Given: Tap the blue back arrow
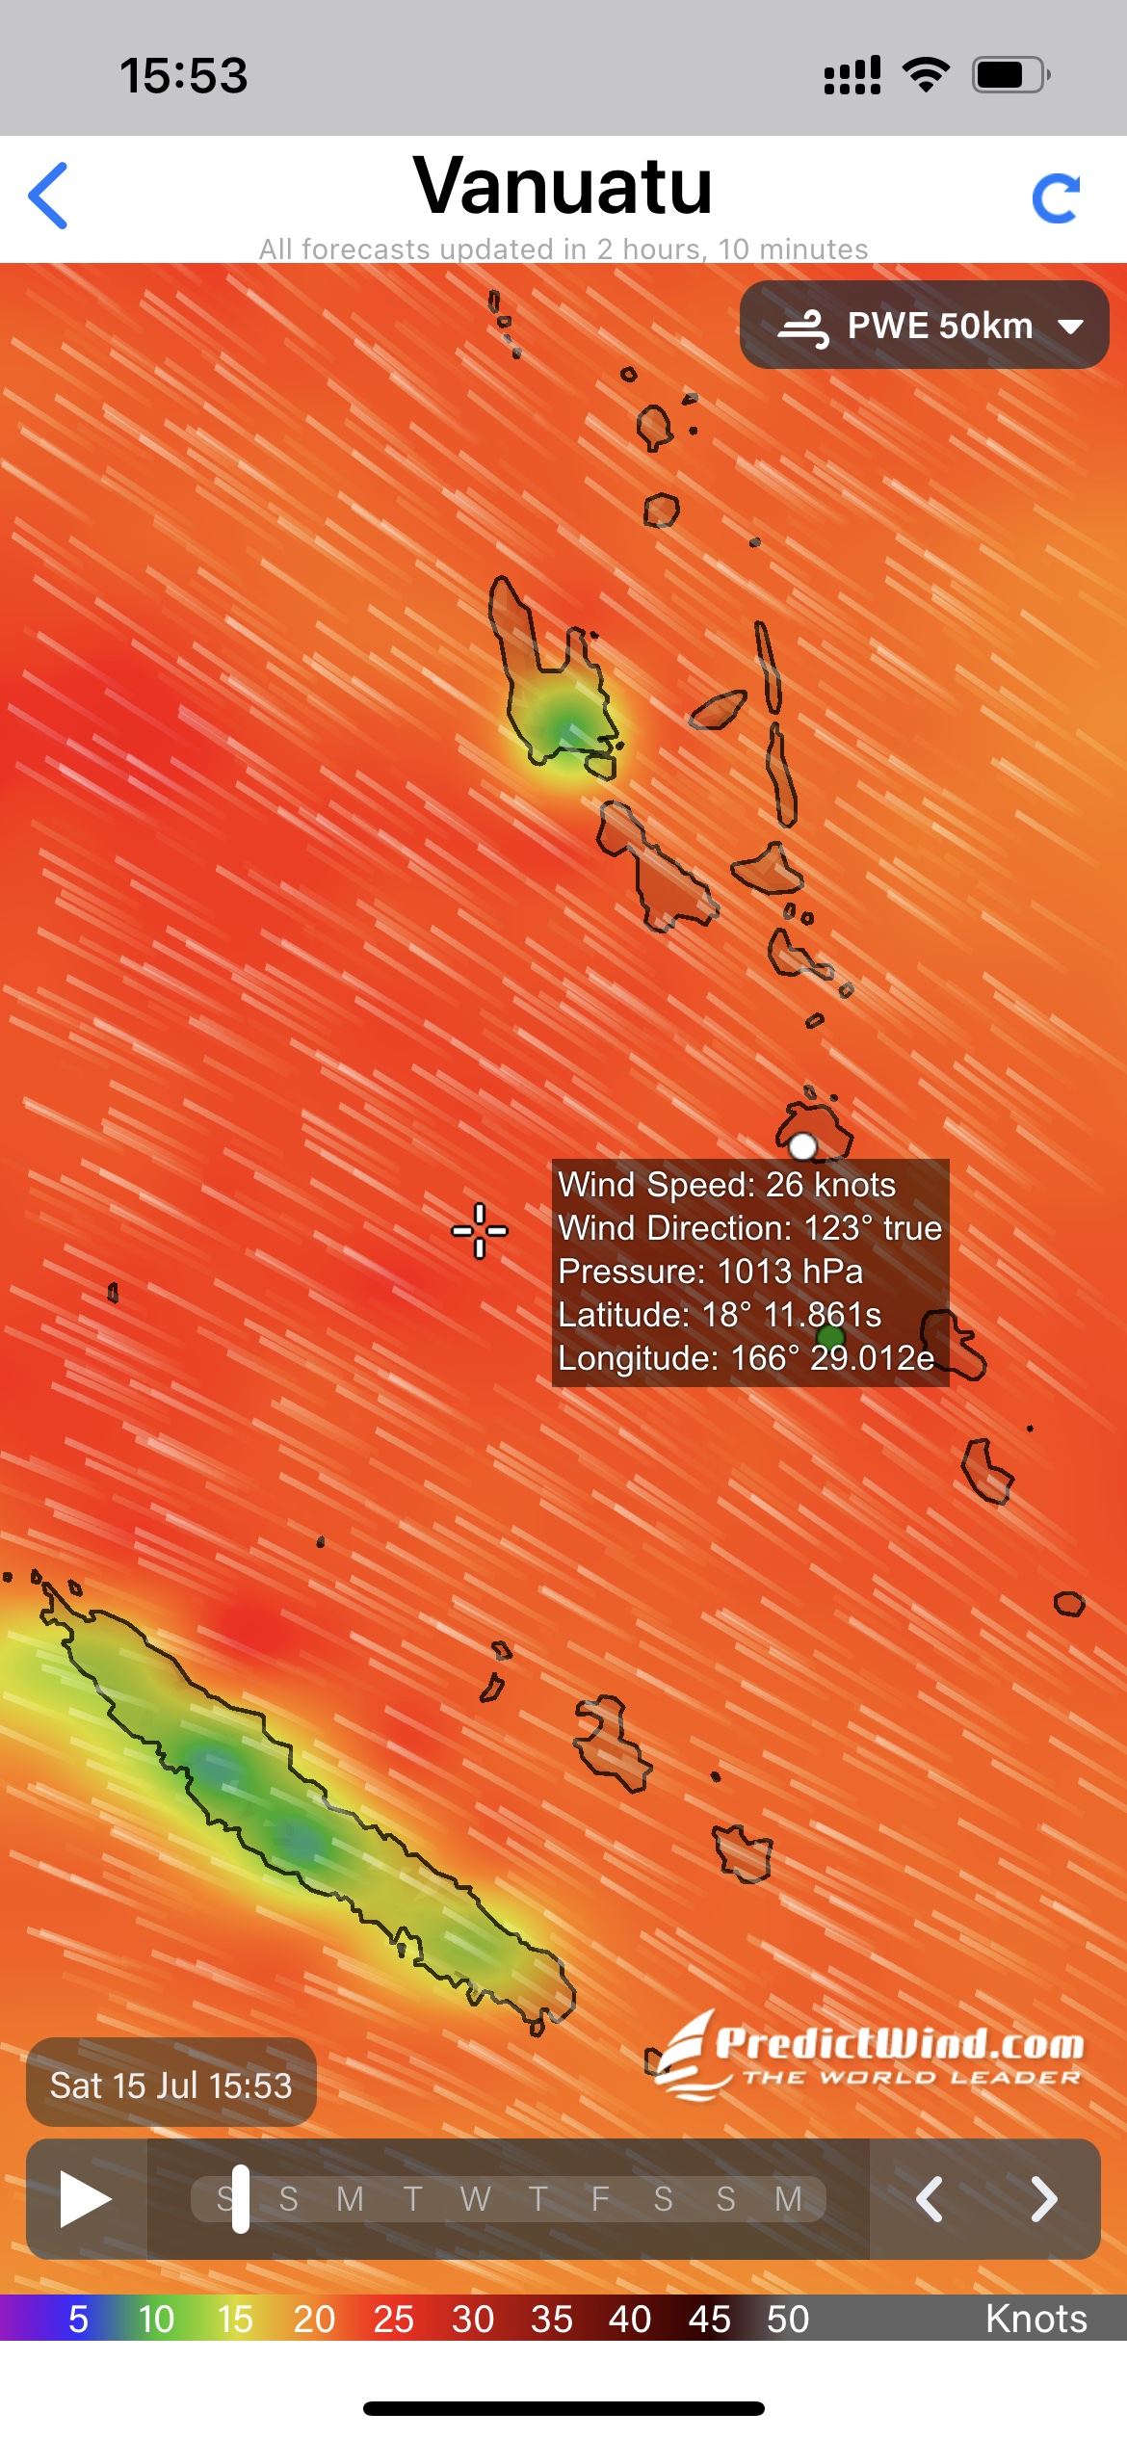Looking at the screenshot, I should tap(48, 196).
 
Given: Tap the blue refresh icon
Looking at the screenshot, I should tap(1056, 198).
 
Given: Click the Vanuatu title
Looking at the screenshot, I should tap(563, 186).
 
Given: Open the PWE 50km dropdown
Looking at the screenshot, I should tap(925, 326).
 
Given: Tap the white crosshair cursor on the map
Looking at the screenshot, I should tap(480, 1230).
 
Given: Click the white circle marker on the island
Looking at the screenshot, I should tap(802, 1145).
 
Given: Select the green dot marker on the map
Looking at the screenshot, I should tap(830, 1336).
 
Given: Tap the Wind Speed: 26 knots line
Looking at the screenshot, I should tap(727, 1185).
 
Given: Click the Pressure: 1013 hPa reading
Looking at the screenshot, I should tap(711, 1272).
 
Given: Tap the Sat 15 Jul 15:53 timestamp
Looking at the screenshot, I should tap(171, 2085).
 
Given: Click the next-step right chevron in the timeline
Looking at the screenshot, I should tap(1043, 2199).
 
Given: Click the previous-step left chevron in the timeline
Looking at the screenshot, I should tap(929, 2199).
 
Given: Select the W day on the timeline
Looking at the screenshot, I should tap(475, 2199).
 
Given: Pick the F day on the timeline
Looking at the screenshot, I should tap(600, 2199).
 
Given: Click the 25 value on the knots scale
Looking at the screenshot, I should tap(393, 2319).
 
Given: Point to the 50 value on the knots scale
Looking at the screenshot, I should tap(788, 2319).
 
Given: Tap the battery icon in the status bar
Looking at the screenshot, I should tap(1009, 75).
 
